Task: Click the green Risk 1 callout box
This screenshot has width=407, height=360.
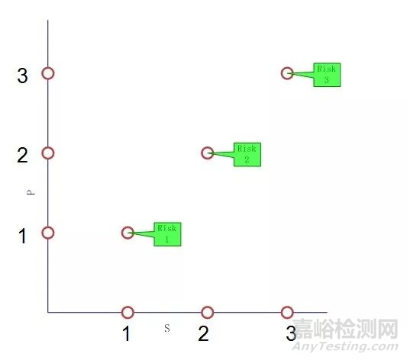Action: point(167,233)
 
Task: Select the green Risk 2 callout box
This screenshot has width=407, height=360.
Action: point(247,154)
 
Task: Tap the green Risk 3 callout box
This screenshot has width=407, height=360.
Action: point(327,74)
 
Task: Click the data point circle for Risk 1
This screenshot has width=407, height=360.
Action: point(128,233)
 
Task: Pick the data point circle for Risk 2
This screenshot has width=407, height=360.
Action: point(207,153)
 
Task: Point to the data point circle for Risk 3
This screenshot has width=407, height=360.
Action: point(287,73)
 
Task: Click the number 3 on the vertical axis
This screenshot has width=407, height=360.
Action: point(22,76)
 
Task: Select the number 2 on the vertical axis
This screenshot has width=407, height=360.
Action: point(22,156)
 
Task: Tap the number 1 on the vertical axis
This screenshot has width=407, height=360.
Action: point(22,236)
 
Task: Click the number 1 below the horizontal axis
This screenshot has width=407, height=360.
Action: point(127,333)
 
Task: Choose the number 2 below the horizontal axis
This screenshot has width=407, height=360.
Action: point(203,333)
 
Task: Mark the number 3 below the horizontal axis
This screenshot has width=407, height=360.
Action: point(291,333)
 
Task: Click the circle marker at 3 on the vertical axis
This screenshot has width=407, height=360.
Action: point(48,73)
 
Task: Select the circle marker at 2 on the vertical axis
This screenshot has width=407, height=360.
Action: point(48,153)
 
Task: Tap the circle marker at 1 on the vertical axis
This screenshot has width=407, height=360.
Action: point(48,233)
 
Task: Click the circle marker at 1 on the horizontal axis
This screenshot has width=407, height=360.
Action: point(128,312)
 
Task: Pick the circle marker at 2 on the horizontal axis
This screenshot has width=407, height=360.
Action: point(207,312)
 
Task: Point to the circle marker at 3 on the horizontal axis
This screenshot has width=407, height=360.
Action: point(287,312)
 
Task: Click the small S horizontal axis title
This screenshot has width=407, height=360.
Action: point(166,327)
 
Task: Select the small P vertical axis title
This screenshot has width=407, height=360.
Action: point(30,193)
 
